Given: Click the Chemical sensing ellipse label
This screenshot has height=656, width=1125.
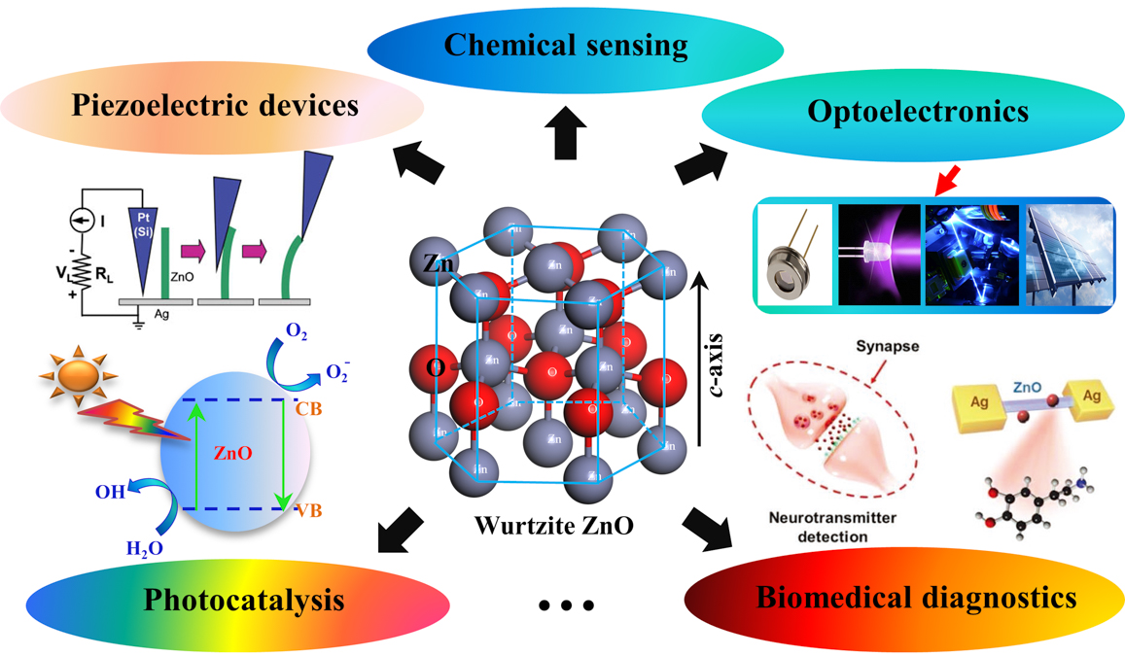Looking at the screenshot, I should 567,45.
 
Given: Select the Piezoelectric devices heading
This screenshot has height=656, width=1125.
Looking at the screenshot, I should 215,105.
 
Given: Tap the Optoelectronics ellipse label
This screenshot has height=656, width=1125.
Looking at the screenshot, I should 917,111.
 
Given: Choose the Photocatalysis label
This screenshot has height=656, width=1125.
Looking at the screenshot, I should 244,600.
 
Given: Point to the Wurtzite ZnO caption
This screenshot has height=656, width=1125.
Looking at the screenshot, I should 554,526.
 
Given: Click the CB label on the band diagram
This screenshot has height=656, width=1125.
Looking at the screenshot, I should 308,408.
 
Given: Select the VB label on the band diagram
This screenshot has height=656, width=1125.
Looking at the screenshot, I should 307,507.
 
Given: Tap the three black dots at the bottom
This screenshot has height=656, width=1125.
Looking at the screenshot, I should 566,605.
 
